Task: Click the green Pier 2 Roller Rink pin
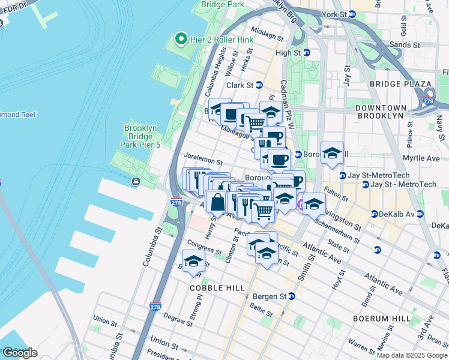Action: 181,40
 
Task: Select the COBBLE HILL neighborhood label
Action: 217,288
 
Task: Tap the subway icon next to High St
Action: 306,53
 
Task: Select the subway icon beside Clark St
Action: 259,85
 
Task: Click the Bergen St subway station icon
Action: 292,296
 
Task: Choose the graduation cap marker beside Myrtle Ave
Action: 332,154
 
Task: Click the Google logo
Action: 20,353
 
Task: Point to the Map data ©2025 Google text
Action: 412,355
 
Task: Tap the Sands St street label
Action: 407,45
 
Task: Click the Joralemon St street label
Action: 203,161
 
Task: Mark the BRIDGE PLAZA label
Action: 400,84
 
